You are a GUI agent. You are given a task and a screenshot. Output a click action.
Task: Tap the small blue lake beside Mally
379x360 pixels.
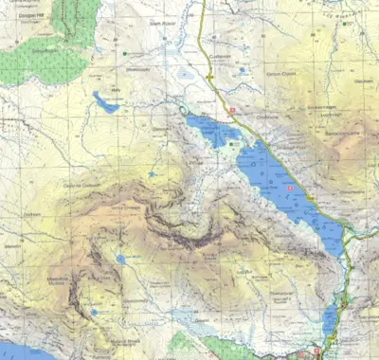coord(105,101)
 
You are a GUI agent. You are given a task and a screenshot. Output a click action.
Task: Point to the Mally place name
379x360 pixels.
coord(117,91)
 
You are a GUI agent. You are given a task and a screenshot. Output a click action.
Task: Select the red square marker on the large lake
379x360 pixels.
coord(289,189)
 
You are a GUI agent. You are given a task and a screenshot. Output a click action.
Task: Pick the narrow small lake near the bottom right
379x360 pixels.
coord(329,319)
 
